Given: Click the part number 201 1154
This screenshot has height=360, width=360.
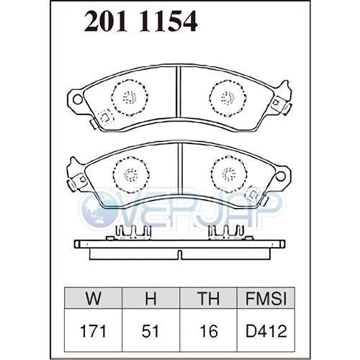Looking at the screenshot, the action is click(140, 21).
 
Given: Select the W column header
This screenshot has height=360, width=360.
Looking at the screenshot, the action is click(93, 298).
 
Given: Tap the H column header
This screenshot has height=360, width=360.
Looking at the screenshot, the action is click(150, 298).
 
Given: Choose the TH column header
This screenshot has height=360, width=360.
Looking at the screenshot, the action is click(208, 298).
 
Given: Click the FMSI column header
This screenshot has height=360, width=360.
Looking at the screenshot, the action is click(266, 298).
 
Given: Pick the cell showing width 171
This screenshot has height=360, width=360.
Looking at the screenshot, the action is click(93, 331).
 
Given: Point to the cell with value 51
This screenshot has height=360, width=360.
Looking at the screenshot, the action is click(150, 331).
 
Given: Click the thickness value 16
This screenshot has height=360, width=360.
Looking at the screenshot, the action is click(209, 331).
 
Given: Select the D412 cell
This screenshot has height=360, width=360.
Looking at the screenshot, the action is click(266, 331).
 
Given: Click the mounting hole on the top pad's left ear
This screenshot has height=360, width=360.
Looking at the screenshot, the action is click(78, 99).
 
